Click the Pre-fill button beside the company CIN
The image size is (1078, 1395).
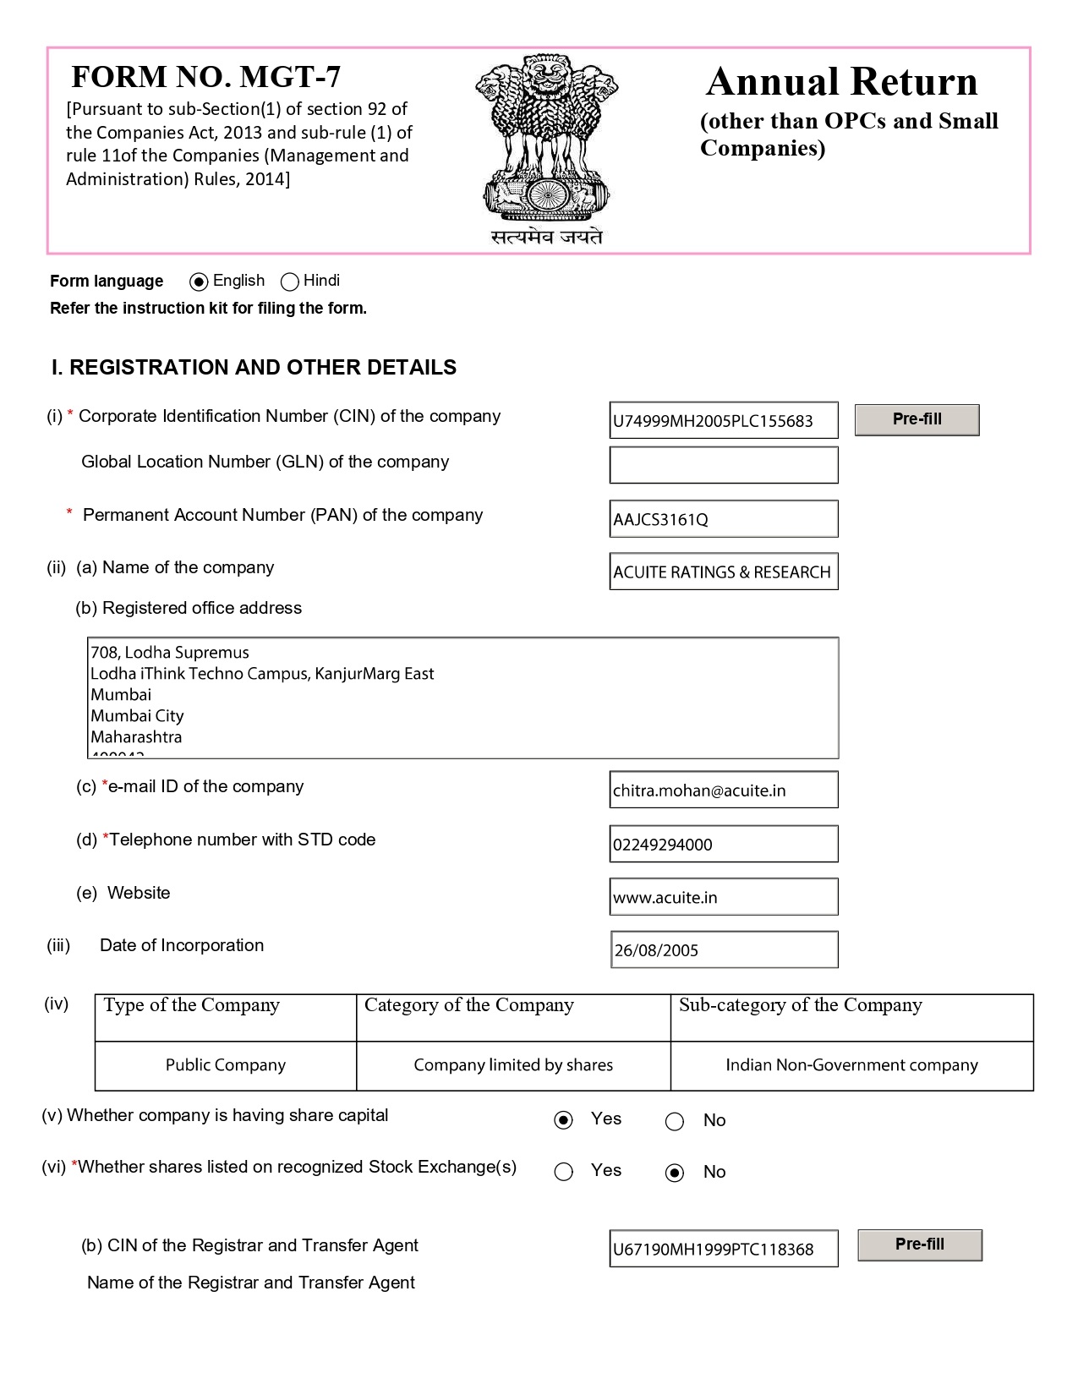[x=917, y=419]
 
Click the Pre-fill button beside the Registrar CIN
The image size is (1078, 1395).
[x=920, y=1245]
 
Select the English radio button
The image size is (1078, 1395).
[x=200, y=282]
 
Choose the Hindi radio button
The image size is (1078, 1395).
[x=290, y=282]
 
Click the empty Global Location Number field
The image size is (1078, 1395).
[x=723, y=465]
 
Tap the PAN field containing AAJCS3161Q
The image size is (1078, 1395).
[x=723, y=518]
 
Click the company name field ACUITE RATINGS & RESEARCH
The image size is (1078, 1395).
[x=723, y=572]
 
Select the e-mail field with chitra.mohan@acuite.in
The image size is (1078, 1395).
[x=723, y=790]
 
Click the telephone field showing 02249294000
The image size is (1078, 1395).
[x=723, y=844]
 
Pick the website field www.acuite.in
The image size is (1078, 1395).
[x=723, y=897]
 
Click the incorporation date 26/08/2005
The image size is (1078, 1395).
[x=723, y=949]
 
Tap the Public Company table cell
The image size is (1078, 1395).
[x=226, y=1065]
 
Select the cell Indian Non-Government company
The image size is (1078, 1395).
[x=851, y=1065]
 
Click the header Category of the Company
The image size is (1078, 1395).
[x=469, y=1005]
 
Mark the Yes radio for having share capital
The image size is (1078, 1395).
[x=563, y=1120]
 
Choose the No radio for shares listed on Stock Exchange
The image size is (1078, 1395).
[x=675, y=1173]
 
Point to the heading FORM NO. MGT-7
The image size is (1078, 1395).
[x=206, y=77]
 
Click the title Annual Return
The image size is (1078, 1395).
[x=841, y=82]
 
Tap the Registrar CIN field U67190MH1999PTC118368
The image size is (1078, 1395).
[x=723, y=1249]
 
